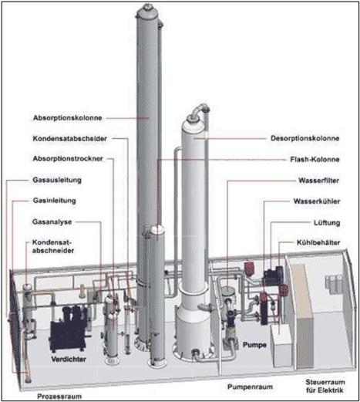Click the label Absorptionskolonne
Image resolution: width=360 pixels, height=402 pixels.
(68, 118)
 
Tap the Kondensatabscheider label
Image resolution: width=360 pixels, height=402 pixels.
(69, 139)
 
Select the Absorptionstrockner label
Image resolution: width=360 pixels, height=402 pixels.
(68, 159)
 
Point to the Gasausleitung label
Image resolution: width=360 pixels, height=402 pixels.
(57, 180)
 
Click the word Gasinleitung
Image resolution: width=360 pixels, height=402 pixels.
(55, 201)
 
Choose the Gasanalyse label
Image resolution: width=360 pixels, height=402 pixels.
(52, 221)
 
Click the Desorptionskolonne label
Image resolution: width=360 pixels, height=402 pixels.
(305, 138)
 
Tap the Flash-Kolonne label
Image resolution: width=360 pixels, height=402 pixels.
(315, 160)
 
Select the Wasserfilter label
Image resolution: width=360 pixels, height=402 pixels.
(319, 181)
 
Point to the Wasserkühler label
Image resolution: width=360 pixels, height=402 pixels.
(317, 201)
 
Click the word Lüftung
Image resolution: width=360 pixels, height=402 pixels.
(327, 223)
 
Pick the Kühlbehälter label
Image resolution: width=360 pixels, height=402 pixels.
(318, 242)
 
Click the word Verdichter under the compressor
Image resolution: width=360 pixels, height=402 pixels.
(69, 359)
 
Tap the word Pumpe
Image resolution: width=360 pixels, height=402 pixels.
(254, 345)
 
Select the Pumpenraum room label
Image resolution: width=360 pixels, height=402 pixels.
(250, 387)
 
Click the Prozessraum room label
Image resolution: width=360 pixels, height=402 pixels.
(59, 397)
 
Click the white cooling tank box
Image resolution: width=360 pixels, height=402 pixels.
(282, 345)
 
